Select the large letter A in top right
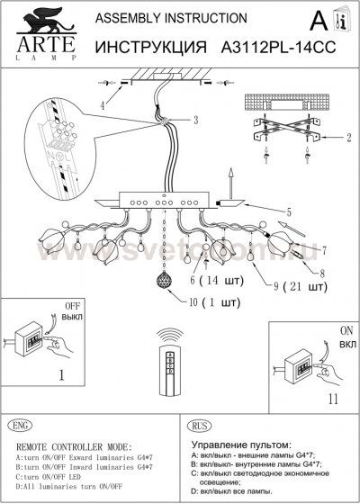coord(318,20)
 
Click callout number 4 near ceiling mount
coord(102,106)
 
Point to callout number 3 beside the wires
coord(195,120)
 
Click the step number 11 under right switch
coord(306,397)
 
